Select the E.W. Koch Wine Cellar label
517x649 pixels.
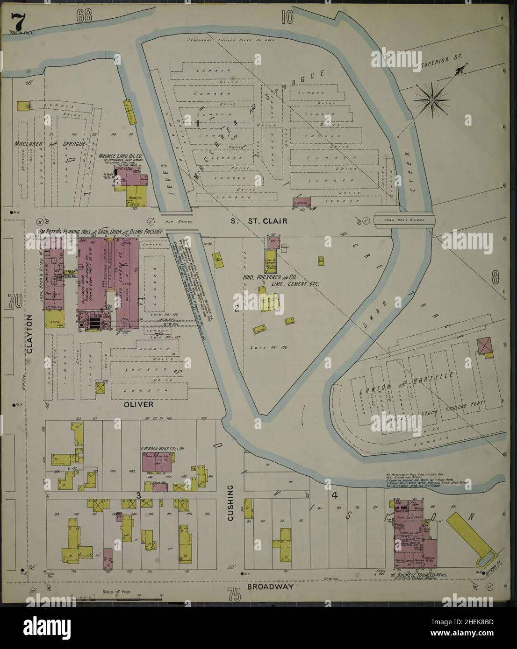click(162, 449)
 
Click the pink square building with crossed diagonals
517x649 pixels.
click(485, 346)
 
